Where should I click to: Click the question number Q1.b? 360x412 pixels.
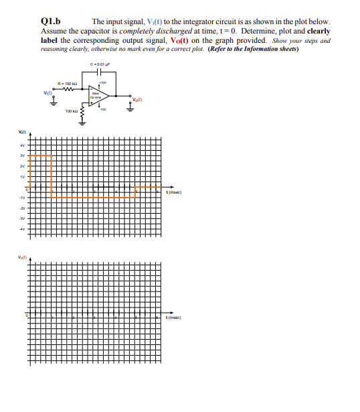52,21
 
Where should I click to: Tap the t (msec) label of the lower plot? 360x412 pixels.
175,317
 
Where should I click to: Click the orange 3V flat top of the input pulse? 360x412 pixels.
40,155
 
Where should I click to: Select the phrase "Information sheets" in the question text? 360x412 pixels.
268,48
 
